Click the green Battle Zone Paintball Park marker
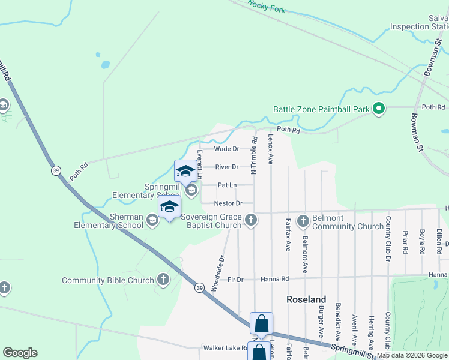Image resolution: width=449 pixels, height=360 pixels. (378, 109)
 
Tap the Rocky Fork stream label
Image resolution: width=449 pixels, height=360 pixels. (267, 7)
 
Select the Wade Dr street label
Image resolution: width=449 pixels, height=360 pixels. (227, 149)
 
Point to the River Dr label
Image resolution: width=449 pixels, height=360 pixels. (227, 167)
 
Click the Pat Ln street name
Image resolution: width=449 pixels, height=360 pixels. (227, 185)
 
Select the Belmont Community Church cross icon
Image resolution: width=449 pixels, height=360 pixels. (302, 221)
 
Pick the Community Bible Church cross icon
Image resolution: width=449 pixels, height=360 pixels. (163, 280)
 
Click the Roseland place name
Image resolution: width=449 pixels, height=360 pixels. (306, 299)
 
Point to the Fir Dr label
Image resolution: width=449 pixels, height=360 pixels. (235, 280)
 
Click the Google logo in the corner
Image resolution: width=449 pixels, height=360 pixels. (20, 353)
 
